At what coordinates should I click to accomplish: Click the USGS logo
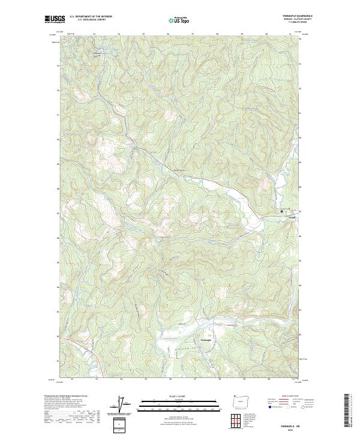(55, 19)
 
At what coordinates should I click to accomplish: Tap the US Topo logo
(180, 20)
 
